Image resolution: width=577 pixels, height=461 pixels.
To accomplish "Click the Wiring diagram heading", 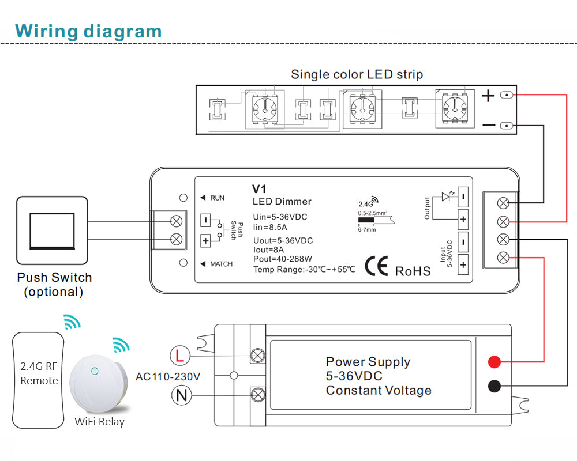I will (88, 31).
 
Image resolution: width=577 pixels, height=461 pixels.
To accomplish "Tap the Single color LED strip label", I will (357, 74).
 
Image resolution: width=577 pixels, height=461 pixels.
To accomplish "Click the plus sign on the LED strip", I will (488, 95).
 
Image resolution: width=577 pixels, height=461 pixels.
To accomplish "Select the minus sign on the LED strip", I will (488, 124).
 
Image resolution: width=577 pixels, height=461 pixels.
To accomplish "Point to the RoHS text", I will (413, 271).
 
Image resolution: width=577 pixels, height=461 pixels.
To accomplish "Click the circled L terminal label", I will (179, 356).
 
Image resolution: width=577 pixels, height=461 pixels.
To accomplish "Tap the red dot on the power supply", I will (494, 362).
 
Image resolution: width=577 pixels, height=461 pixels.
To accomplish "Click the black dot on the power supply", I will (494, 386).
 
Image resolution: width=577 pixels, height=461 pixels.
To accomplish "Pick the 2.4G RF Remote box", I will (39, 380).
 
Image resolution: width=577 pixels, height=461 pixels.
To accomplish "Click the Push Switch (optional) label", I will (54, 284).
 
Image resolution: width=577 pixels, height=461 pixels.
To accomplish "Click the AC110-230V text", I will (168, 377).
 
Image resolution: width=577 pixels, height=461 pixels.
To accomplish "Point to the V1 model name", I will (259, 189).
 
